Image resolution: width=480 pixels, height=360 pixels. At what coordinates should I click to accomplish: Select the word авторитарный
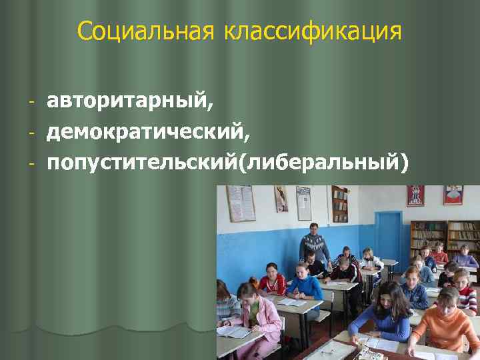coord(131,102)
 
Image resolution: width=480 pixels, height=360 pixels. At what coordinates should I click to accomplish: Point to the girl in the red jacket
coord(271,280)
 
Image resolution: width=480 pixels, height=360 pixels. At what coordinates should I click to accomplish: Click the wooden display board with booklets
coord(339,204)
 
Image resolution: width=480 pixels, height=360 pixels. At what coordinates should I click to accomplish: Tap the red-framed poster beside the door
coord(415,197)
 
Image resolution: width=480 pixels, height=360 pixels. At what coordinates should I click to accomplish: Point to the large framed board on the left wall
coord(240,203)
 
